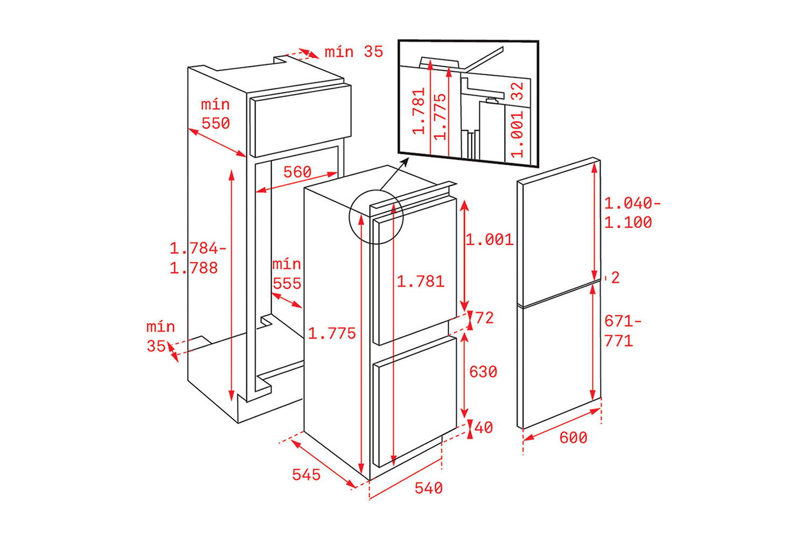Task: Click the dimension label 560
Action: pyautogui.click(x=297, y=172)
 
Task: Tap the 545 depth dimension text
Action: pyautogui.click(x=306, y=475)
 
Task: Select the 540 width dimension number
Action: pyautogui.click(x=429, y=488)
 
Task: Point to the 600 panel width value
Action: pyautogui.click(x=573, y=437)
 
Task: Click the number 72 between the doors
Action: pyautogui.click(x=484, y=318)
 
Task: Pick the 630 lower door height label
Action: pyautogui.click(x=483, y=372)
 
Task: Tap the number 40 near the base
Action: pyautogui.click(x=484, y=427)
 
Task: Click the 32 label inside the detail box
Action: pyautogui.click(x=518, y=91)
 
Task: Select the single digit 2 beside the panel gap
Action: pyautogui.click(x=615, y=278)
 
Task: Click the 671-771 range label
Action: pyautogui.click(x=623, y=331)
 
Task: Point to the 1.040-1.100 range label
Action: pyautogui.click(x=632, y=213)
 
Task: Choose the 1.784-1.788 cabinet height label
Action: pyautogui.click(x=198, y=258)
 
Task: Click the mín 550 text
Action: pyautogui.click(x=215, y=114)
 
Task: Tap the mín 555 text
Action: pyautogui.click(x=287, y=274)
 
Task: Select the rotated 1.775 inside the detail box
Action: pyautogui.click(x=440, y=117)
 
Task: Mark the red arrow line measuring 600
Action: pyautogui.click(x=562, y=424)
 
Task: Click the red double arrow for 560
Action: pyautogui.click(x=296, y=182)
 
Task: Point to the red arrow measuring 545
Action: pyautogui.click(x=323, y=464)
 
